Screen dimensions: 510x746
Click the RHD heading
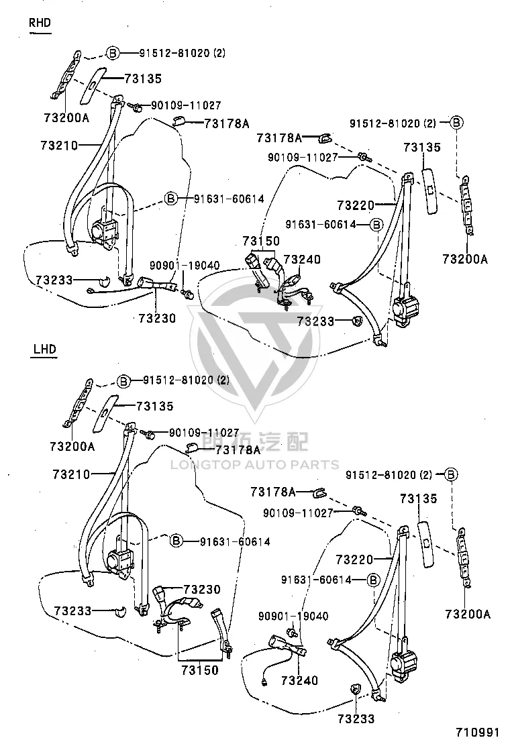coord(40,23)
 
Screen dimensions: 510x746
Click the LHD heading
coord(45,350)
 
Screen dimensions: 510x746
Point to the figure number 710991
coord(478,732)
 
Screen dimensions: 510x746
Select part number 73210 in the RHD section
coord(59,146)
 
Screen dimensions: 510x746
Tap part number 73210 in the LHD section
coord(71,474)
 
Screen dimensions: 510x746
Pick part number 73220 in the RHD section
coord(356,205)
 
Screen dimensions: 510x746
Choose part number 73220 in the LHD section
coord(354,559)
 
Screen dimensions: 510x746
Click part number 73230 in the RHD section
coord(158,318)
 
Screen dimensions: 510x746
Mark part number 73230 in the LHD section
coord(202,590)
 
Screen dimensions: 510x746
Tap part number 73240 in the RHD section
coord(302,260)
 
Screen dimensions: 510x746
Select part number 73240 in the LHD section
coord(300,681)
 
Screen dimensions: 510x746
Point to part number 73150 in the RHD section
coord(261,241)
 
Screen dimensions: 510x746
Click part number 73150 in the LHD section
coord(200,670)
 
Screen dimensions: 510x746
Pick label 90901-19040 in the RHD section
coord(185,266)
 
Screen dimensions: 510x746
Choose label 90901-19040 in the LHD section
coord(293,616)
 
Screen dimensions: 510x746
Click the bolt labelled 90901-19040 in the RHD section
coord(188,294)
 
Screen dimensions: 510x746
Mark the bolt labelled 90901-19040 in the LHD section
coord(292,633)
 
